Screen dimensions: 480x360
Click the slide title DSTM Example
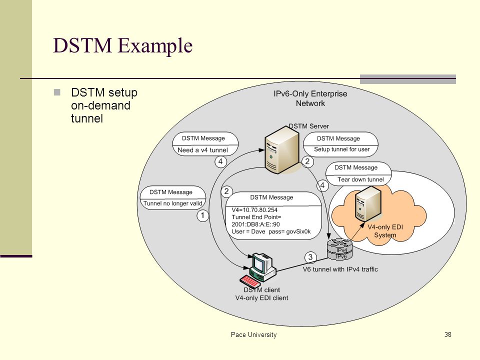pyautogui.click(x=123, y=46)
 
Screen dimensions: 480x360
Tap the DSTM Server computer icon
pyautogui.click(x=282, y=149)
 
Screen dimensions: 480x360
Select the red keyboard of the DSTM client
pyautogui.click(x=250, y=280)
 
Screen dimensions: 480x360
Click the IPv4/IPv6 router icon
pyautogui.click(x=340, y=249)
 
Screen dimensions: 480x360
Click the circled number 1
pyautogui.click(x=202, y=215)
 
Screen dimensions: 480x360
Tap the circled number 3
pyautogui.click(x=310, y=257)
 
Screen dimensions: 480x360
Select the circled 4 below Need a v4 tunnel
pyautogui.click(x=220, y=161)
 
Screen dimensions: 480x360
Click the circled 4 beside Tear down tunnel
pyautogui.click(x=322, y=185)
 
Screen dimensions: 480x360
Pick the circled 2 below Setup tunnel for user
pyautogui.click(x=307, y=161)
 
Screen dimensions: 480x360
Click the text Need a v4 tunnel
pyautogui.click(x=202, y=150)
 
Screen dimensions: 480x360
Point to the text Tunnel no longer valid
pyautogui.click(x=172, y=203)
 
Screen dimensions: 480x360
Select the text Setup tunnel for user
pyautogui.click(x=341, y=149)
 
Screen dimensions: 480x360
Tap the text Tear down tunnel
pyautogui.click(x=360, y=179)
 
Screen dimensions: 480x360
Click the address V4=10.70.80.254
pyautogui.click(x=254, y=210)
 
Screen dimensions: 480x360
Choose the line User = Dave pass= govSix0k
pyautogui.click(x=271, y=231)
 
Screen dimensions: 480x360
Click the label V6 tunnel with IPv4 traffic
pyautogui.click(x=340, y=269)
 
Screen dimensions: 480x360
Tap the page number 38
pyautogui.click(x=448, y=334)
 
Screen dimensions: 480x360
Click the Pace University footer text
pyautogui.click(x=254, y=335)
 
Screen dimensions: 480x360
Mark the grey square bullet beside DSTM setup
pyautogui.click(x=57, y=92)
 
